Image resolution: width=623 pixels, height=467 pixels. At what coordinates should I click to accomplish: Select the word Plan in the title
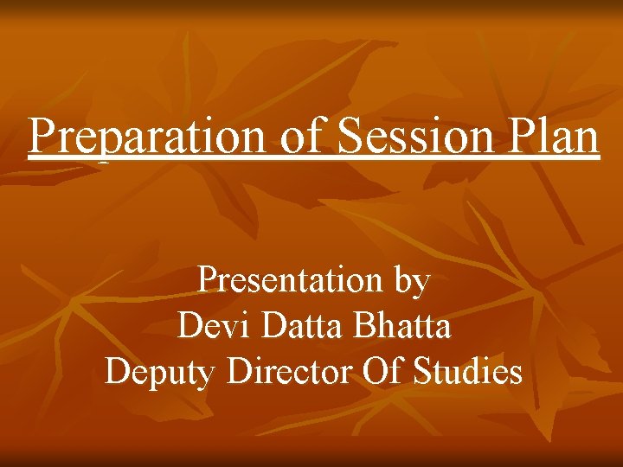546,137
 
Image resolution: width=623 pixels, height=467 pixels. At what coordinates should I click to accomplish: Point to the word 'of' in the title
299,137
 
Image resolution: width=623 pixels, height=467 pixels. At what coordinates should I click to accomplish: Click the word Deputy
161,373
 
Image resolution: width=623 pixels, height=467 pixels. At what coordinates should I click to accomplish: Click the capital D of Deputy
118,371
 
